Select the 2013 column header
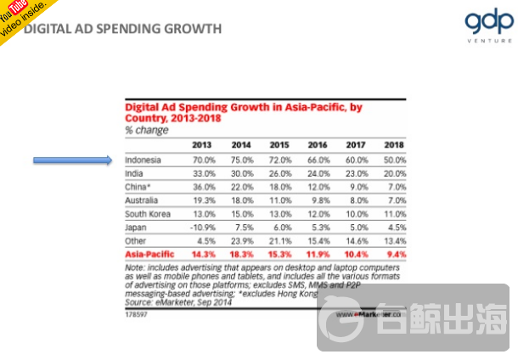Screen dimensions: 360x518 (202, 144)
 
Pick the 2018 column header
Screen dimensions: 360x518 (393, 144)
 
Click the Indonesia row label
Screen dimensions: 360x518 (143, 160)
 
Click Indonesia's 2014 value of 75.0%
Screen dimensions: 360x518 (241, 160)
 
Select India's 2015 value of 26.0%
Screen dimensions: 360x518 (279, 173)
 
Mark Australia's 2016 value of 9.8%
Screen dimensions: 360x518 (319, 201)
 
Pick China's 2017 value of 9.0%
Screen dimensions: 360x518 (357, 187)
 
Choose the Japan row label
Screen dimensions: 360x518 (136, 228)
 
